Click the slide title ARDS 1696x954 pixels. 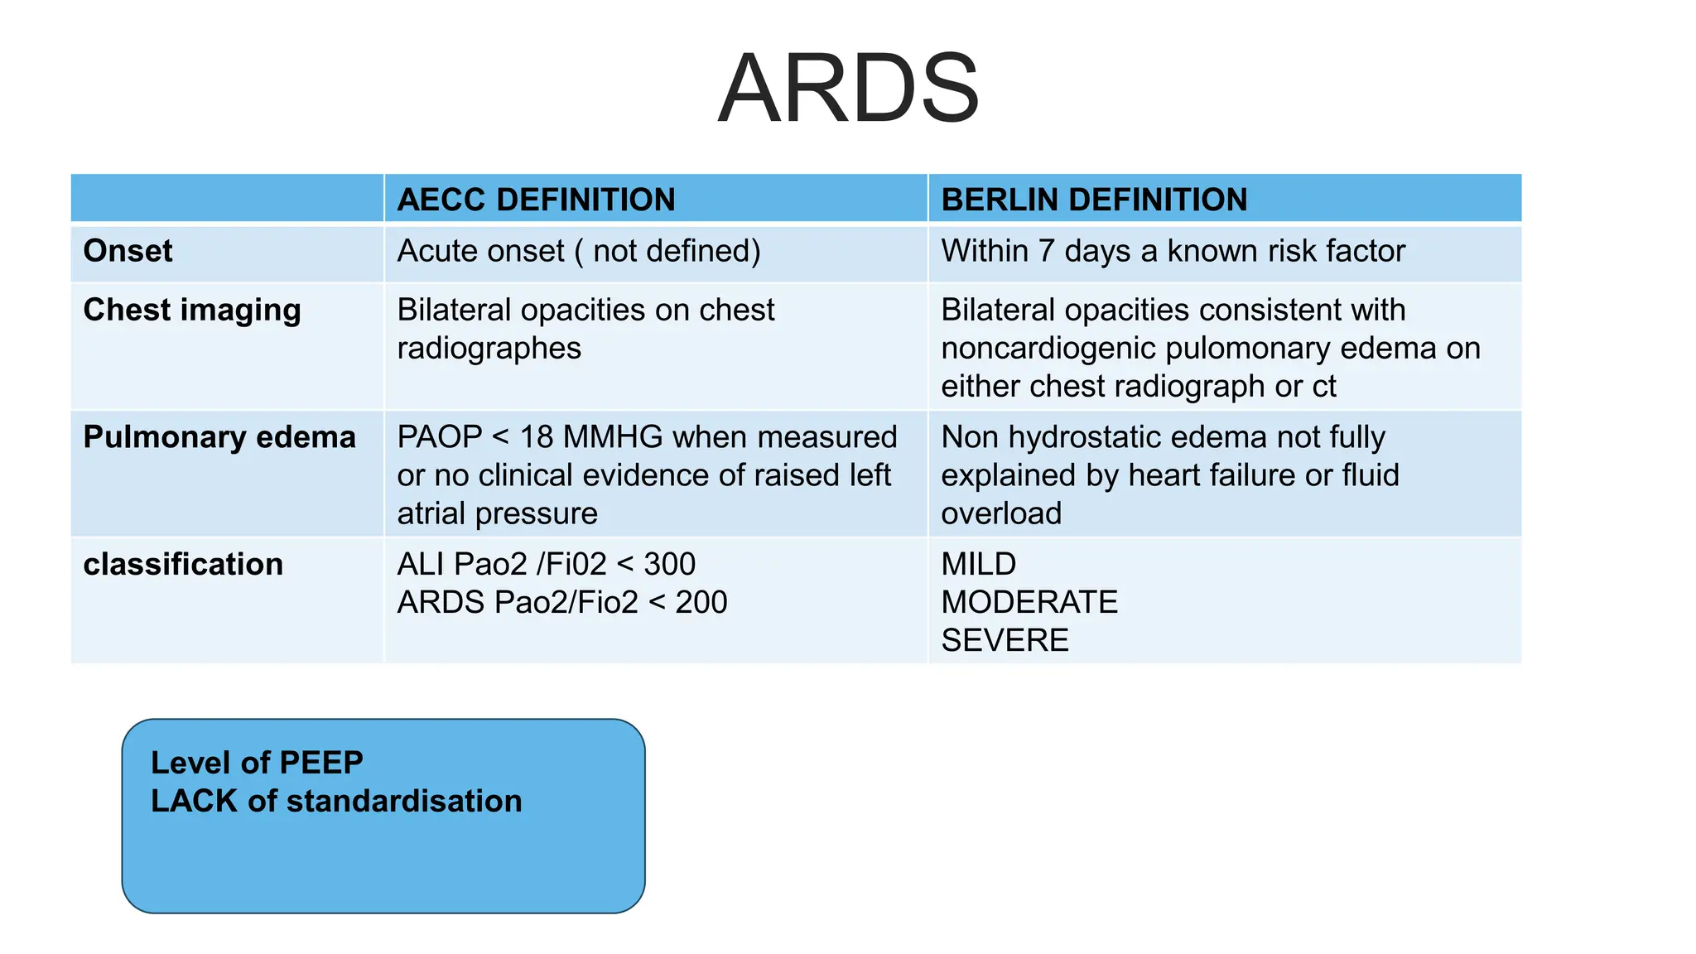(848, 89)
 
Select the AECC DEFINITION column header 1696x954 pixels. (536, 200)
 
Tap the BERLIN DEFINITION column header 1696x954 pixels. (1093, 200)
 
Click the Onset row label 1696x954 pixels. (128, 251)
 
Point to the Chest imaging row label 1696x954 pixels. (192, 310)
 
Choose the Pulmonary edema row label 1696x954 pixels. (219, 437)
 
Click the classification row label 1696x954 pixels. (183, 565)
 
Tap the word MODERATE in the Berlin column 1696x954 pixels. (1029, 603)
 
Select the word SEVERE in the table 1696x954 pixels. (1005, 641)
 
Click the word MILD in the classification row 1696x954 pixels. (978, 565)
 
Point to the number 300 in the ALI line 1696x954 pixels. (669, 565)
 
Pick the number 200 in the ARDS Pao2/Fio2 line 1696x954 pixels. (701, 603)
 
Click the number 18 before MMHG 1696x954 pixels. (536, 437)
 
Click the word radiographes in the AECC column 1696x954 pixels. (489, 349)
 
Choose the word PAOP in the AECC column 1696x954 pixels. (439, 437)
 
